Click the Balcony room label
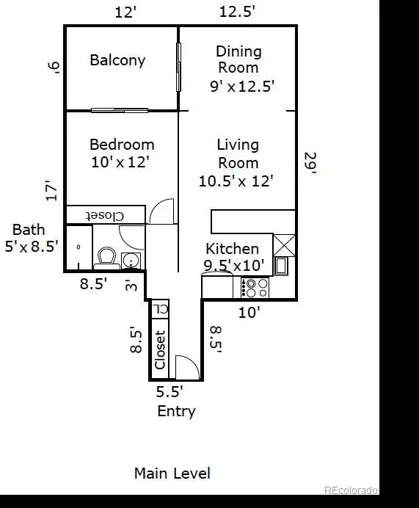point(117,61)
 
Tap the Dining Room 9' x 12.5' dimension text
point(242,87)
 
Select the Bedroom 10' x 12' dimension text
point(120,162)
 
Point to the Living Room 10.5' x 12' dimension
point(236,181)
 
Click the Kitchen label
point(232,249)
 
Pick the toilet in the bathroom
point(106,258)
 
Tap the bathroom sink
point(131,261)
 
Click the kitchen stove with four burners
point(255,287)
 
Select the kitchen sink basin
point(281,266)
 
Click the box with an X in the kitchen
point(284,245)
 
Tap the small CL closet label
point(160,308)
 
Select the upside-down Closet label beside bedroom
point(105,216)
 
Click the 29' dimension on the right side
point(310,163)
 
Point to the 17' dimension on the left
point(51,191)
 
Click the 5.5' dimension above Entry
point(170,392)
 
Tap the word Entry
point(176,411)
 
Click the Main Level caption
point(172,473)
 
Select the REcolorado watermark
point(351,490)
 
